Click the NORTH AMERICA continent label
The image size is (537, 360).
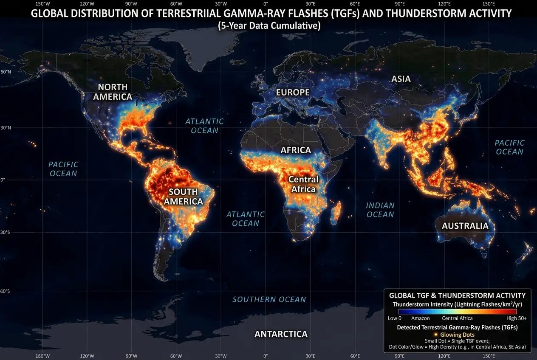tap(113, 92)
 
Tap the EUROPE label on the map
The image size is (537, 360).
tap(293, 92)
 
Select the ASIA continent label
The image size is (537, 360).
tap(401, 79)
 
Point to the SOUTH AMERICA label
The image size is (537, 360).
tap(184, 196)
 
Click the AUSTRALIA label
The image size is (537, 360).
tap(465, 226)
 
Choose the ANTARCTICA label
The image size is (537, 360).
tap(281, 334)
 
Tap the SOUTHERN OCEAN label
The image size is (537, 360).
tap(269, 299)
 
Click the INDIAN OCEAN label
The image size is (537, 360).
tap(380, 210)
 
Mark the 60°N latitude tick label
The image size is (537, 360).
tap(6, 72)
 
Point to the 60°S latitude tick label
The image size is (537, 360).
tap(6, 291)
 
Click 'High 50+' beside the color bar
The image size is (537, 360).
tap(516, 318)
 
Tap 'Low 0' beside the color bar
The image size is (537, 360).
tap(395, 318)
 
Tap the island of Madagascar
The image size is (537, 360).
tap(337, 211)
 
